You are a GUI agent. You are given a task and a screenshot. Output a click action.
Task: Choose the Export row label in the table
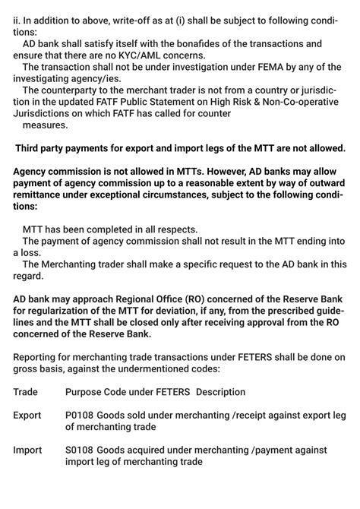(29, 416)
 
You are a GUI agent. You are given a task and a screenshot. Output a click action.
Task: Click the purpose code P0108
(81, 416)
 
